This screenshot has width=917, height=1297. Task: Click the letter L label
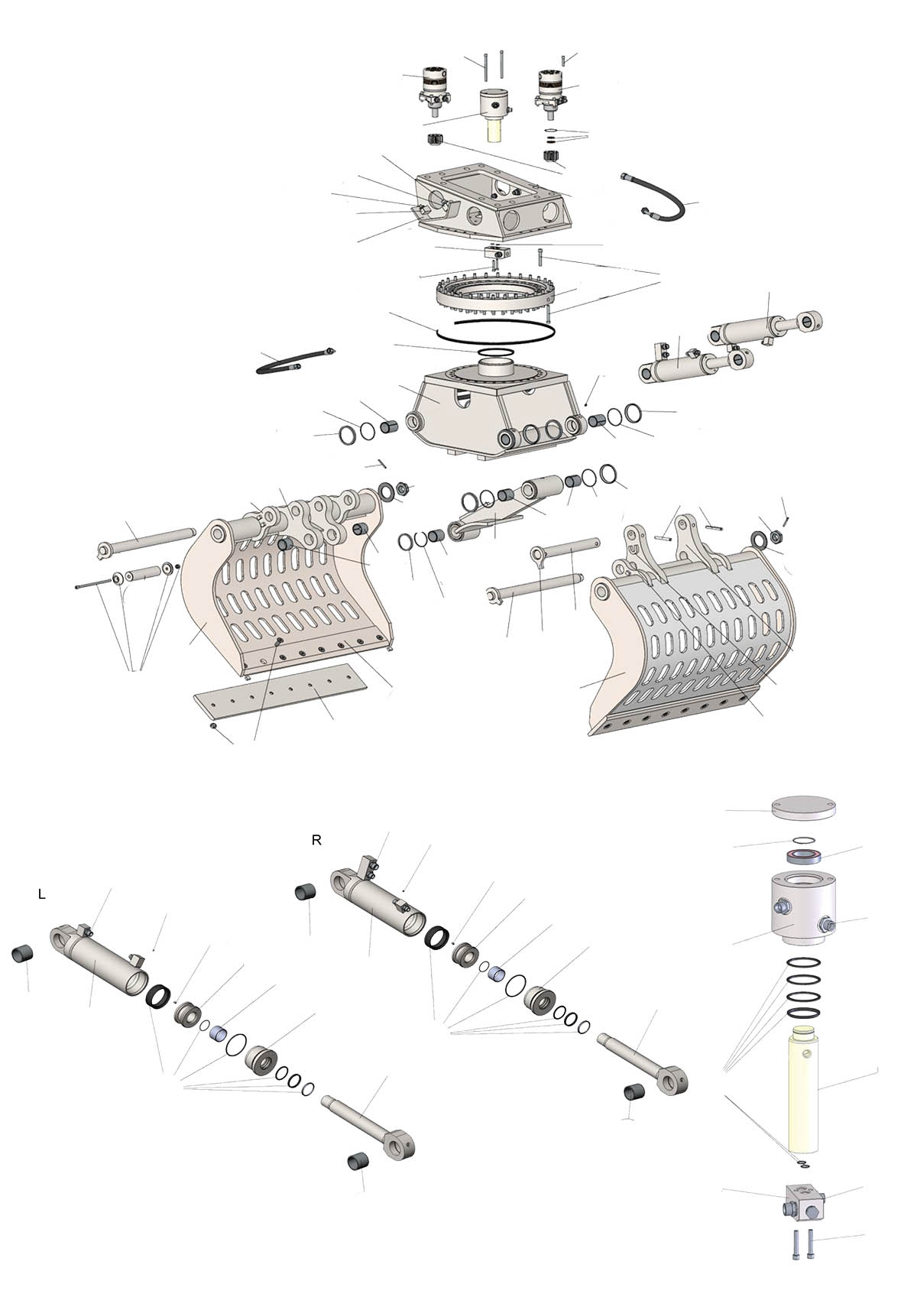[x=41, y=894]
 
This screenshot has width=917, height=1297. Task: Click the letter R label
[x=316, y=841]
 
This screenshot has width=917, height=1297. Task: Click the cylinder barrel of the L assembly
[x=99, y=959]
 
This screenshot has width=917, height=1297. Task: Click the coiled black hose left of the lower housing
[x=295, y=362]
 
